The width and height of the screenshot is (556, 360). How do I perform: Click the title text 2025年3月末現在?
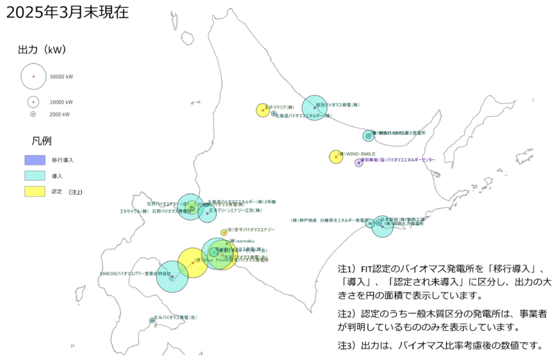(x=66, y=13)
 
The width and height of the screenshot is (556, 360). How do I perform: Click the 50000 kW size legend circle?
(x=33, y=76)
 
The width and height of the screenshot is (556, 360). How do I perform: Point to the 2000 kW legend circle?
(x=33, y=114)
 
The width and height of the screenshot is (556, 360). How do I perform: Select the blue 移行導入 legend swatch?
(x=35, y=160)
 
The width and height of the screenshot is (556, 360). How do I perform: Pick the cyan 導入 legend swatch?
(x=35, y=176)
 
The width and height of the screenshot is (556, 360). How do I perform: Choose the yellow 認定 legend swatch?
(x=35, y=191)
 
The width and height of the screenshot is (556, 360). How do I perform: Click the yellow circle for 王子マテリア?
(x=263, y=110)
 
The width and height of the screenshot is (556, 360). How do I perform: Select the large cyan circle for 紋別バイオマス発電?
(x=314, y=107)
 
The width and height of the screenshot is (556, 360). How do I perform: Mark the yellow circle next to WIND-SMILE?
(x=336, y=157)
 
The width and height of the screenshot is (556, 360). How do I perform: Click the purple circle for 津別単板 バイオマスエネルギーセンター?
(x=359, y=163)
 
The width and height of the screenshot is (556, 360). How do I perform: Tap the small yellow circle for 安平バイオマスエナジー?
(x=224, y=232)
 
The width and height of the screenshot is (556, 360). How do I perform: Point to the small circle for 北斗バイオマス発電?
(x=152, y=320)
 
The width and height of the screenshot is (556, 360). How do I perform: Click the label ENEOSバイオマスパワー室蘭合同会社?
(x=136, y=274)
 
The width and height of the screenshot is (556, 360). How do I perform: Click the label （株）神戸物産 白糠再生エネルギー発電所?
(x=329, y=220)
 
